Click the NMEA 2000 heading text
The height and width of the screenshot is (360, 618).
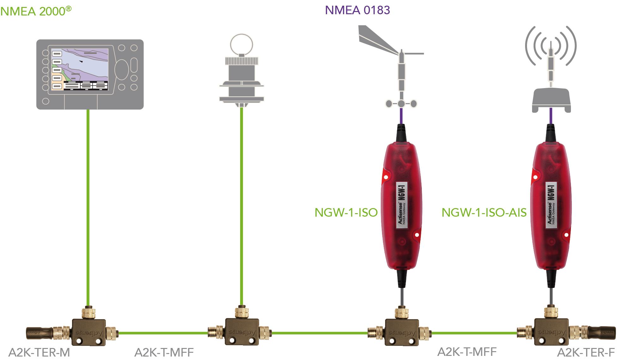click(x=35, y=11)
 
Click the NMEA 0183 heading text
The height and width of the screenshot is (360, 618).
click(x=357, y=10)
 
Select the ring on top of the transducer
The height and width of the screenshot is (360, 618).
click(x=241, y=45)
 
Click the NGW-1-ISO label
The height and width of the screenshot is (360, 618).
click(x=346, y=213)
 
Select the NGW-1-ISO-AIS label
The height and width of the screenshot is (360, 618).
click(x=484, y=213)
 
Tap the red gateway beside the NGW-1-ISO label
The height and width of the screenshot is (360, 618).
click(x=402, y=205)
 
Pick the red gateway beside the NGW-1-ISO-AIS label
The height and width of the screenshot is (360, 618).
click(x=551, y=205)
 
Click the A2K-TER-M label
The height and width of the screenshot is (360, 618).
click(x=39, y=352)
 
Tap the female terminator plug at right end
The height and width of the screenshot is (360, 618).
click(x=602, y=332)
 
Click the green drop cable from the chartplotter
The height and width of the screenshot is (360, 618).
click(x=88, y=205)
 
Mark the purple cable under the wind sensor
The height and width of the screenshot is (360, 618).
click(x=401, y=116)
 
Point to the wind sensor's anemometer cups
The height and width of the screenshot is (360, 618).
click(x=401, y=104)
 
